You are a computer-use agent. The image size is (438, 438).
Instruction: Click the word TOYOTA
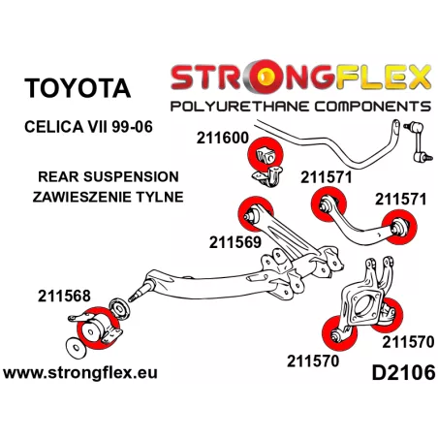click(78, 88)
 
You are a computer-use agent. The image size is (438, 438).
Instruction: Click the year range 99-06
click(132, 127)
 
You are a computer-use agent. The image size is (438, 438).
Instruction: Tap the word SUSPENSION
click(131, 176)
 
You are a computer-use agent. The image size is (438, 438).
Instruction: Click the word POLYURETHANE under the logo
click(239, 107)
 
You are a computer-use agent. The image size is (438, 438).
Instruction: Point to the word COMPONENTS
click(373, 107)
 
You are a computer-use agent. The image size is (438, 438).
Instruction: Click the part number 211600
click(223, 138)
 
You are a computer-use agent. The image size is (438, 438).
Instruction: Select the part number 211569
click(235, 242)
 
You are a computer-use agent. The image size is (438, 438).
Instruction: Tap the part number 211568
click(64, 296)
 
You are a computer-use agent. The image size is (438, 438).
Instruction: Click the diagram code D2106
click(403, 372)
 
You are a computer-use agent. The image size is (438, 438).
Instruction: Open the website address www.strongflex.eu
click(80, 372)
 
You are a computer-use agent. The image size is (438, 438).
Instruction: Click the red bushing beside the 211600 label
click(266, 155)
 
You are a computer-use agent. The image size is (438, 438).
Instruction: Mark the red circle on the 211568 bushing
click(98, 328)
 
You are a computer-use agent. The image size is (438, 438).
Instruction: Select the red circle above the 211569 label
click(256, 214)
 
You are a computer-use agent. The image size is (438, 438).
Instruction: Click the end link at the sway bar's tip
click(419, 141)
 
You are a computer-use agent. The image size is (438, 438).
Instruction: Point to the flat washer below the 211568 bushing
click(76, 348)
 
